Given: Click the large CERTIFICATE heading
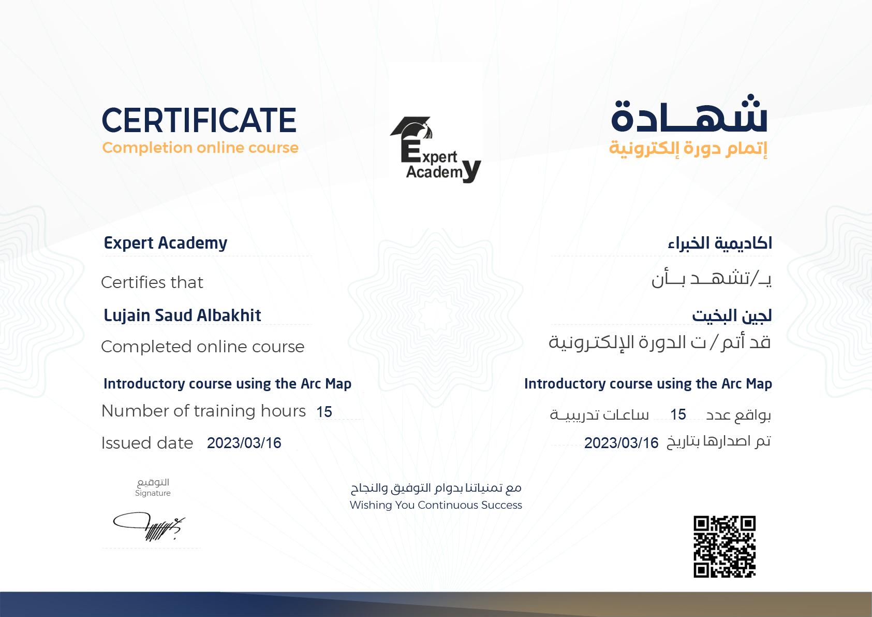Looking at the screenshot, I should point(199,120).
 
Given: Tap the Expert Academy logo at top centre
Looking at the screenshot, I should point(435,150).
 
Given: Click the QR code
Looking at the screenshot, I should point(724,547).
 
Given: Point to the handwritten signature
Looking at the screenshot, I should point(149,527).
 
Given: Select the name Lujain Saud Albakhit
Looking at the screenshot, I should point(182,315).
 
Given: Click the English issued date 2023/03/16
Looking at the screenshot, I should point(244,443).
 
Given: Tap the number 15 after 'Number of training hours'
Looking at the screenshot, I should point(324,412).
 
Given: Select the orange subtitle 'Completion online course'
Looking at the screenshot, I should point(200,148).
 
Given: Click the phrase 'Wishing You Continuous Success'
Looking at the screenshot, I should point(436,505).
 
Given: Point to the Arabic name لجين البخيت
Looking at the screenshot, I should point(732,315).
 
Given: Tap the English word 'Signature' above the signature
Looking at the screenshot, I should point(153,493).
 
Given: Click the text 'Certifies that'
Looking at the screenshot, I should point(152,282).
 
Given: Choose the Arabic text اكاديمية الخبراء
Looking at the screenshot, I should point(720,243).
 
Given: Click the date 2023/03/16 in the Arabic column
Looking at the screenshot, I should point(621,443).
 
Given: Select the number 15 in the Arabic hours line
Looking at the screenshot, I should point(678,414).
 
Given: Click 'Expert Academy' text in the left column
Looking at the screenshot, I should point(166,243).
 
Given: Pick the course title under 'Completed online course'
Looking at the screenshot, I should point(227,384).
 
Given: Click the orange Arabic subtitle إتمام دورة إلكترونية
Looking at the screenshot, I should point(688,148).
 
